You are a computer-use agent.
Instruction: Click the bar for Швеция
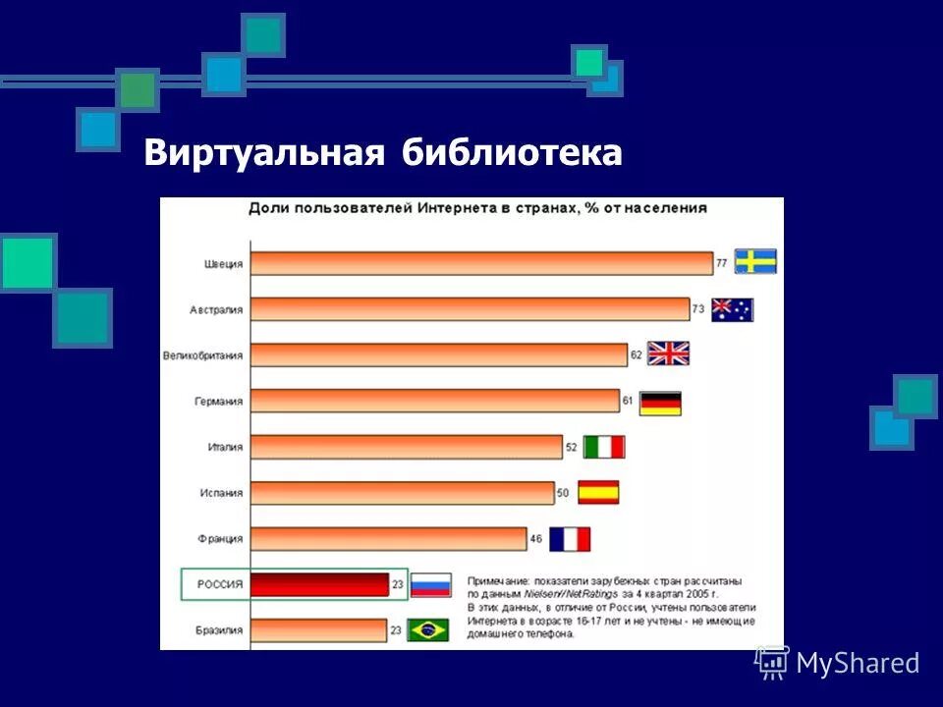481,263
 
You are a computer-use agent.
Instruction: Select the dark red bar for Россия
320,584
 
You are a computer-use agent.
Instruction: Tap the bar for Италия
407,447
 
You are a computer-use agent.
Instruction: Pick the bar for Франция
389,539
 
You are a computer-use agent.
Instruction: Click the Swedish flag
755,261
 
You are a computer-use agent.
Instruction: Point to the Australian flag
732,309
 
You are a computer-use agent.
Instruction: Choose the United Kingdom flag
668,353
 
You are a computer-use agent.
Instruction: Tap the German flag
660,403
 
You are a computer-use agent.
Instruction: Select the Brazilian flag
428,629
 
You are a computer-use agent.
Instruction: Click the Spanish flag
598,492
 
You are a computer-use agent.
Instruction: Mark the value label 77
721,263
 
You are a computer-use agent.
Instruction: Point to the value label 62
636,354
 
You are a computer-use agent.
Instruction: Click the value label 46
535,539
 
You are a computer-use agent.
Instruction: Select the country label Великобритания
202,355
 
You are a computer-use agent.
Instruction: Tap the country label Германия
219,401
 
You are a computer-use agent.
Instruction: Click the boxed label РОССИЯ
216,584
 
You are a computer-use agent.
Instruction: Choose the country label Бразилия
217,629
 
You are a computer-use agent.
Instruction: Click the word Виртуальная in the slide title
262,153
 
